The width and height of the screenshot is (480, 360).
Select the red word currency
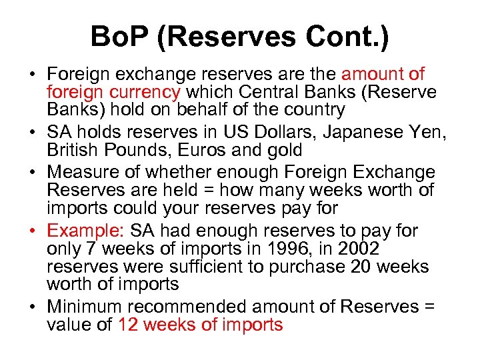(148, 91)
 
